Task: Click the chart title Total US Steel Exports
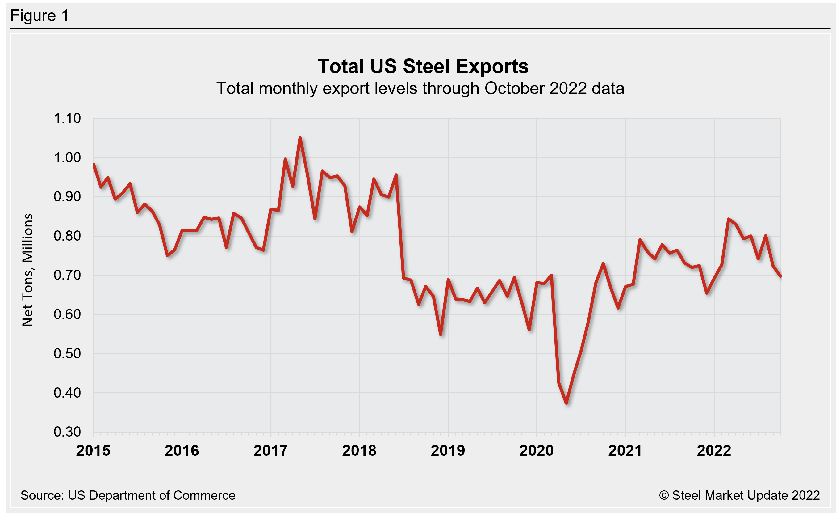[423, 66]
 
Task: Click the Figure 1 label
[40, 16]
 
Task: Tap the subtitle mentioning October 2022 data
[420, 88]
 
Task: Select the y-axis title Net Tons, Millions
[28, 270]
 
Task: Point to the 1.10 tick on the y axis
[67, 118]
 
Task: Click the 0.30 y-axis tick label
[67, 432]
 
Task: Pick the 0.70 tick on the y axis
[67, 275]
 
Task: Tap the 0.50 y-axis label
[67, 354]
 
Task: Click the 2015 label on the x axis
[93, 451]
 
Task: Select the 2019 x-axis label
[448, 451]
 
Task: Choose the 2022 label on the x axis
[714, 451]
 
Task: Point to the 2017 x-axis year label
[270, 451]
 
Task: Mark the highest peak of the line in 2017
[300, 138]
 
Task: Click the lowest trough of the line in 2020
[566, 403]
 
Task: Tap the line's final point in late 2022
[780, 276]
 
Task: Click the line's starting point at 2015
[94, 165]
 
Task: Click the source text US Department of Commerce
[128, 495]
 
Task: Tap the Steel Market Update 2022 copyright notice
[739, 495]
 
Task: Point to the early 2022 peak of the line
[729, 219]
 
